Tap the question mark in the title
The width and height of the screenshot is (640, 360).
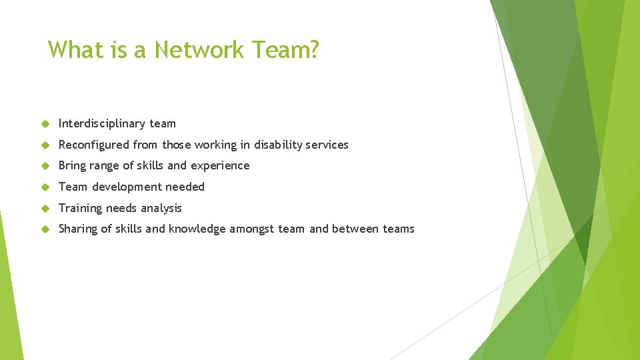point(314,49)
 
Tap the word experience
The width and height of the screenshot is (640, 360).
point(220,165)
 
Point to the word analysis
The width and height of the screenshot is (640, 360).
point(160,208)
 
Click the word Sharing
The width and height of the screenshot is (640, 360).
point(78,229)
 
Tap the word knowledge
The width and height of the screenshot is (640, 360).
point(197,229)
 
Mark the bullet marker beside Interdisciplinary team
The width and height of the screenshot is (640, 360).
point(46,124)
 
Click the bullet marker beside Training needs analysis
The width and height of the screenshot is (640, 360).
point(46,209)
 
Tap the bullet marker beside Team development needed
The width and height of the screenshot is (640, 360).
point(46,187)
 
